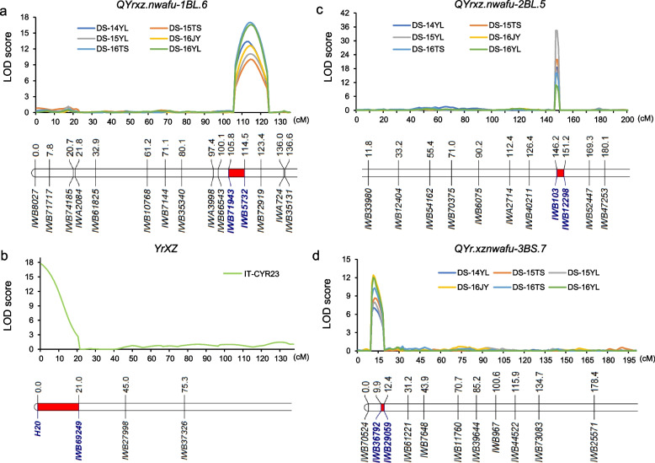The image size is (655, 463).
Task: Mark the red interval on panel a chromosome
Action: pyautogui.click(x=237, y=172)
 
